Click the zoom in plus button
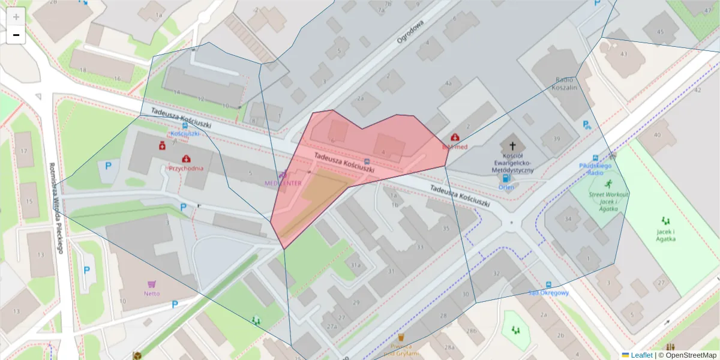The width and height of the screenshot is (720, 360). pos(16,17)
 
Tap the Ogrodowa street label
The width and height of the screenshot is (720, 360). pos(410,32)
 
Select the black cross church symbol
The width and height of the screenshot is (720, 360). pos(512,146)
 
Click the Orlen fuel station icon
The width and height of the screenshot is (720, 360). pos(506,178)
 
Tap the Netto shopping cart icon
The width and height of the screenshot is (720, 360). pos(152,284)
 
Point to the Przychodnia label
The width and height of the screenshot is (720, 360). pos(186,169)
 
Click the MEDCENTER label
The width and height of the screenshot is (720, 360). pos(283,182)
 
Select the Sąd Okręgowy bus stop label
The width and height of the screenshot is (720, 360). pos(548,293)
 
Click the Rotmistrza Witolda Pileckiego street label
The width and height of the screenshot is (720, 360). pos(56,208)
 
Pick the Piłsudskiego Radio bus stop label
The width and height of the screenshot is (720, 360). pos(595,169)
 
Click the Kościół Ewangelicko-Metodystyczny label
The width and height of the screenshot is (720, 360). pos(512,166)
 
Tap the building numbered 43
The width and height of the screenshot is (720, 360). pos(623,55)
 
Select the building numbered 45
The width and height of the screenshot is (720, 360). pos(660,32)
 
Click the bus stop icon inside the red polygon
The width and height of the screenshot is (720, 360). pos(367,161)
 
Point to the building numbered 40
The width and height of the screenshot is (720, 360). pos(657,135)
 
